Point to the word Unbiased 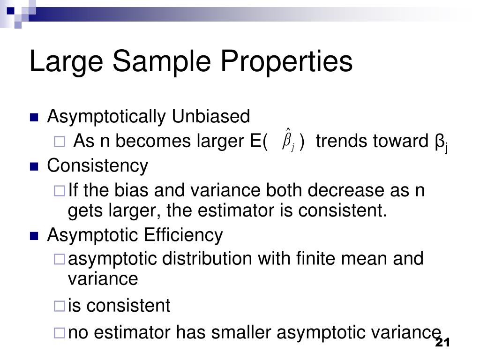pos(210,116)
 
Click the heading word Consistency pos(97,165)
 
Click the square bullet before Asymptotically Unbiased pos(34,117)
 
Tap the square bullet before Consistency pos(34,166)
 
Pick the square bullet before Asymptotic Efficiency pos(34,236)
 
